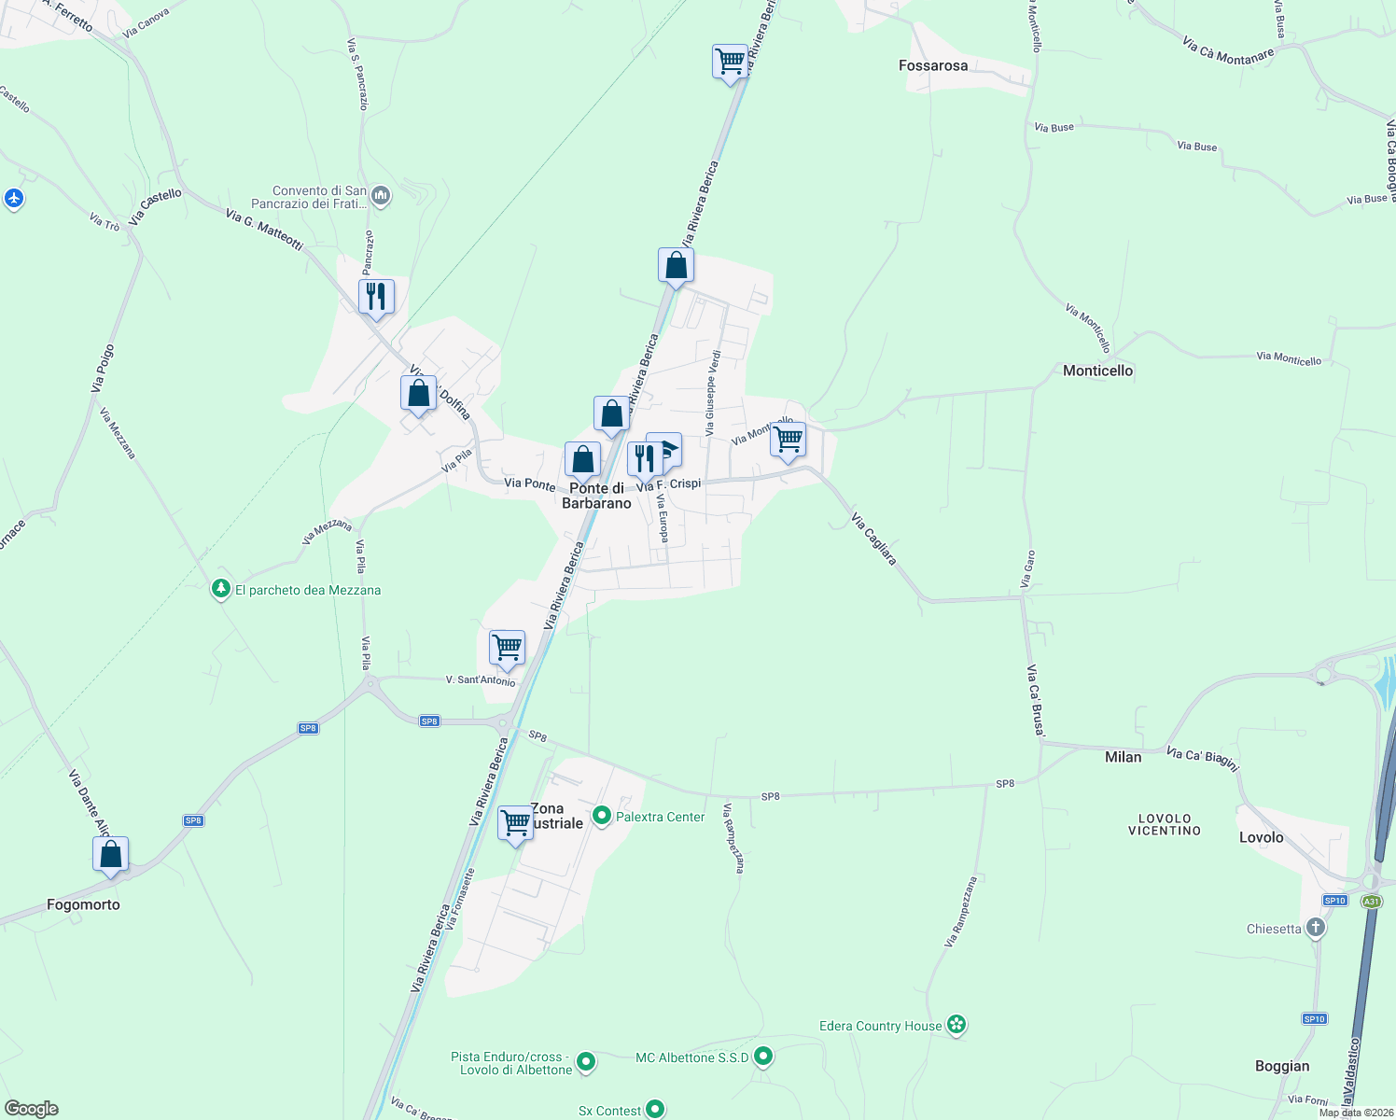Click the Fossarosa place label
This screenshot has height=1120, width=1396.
(x=932, y=65)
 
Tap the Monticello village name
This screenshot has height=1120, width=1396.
(x=1097, y=371)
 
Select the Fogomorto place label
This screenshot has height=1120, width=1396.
(x=83, y=904)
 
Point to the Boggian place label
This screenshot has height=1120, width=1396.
(x=1282, y=1066)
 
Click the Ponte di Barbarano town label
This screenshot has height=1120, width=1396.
(x=596, y=496)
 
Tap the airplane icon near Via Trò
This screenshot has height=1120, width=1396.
(x=13, y=198)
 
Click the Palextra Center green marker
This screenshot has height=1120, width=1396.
(x=602, y=817)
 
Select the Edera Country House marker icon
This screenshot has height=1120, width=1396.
(x=956, y=1025)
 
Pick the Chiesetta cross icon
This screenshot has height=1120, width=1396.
(x=1316, y=928)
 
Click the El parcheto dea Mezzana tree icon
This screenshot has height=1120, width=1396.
(x=221, y=589)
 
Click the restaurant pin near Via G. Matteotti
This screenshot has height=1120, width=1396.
(x=376, y=297)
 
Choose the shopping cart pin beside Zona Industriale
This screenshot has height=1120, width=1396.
(x=515, y=823)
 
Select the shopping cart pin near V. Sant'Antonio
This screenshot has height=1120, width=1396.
(x=507, y=647)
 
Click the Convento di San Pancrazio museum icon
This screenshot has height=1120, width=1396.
(x=380, y=196)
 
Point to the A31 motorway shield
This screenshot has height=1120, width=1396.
(x=1371, y=902)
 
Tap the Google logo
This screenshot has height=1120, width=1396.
(x=31, y=1109)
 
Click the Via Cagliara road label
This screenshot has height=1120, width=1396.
(x=874, y=539)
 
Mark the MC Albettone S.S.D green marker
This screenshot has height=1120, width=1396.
(x=763, y=1057)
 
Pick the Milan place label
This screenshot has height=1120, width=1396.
(x=1123, y=757)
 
